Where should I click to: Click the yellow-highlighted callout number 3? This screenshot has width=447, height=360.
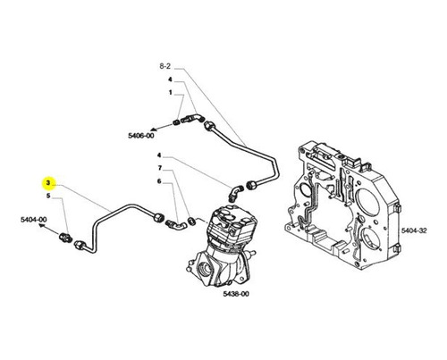point(48,183)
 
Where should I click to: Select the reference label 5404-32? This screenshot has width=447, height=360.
point(414,230)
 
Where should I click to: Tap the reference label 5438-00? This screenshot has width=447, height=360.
point(236,294)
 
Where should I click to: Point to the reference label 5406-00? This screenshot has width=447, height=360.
point(141,136)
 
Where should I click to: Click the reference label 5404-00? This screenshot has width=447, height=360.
point(34,220)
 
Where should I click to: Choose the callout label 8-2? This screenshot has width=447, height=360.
point(165,66)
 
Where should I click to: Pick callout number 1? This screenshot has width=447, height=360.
point(171,93)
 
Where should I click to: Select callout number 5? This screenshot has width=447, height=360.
point(48,196)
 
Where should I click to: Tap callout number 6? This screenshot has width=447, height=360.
point(159,181)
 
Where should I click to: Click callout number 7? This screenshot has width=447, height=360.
point(160,168)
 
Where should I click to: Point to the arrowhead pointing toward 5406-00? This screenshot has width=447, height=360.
point(154,130)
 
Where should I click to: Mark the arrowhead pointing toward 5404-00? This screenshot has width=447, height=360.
point(42,227)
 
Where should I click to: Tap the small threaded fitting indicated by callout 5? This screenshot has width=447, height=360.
point(65,238)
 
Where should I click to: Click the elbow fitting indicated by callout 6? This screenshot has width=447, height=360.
point(176,225)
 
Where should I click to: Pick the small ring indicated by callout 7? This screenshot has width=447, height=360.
point(191,221)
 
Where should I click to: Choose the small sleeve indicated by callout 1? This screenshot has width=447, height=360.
point(176,121)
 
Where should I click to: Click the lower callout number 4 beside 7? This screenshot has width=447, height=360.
point(159,155)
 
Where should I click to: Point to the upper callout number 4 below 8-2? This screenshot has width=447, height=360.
point(170,80)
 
